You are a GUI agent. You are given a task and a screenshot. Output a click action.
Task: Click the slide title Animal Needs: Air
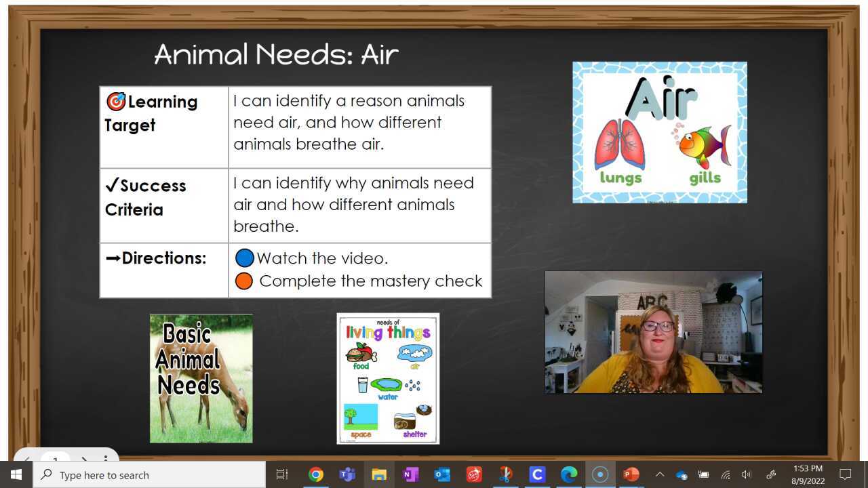[x=276, y=54]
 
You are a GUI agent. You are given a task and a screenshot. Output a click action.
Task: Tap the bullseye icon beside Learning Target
[x=116, y=102]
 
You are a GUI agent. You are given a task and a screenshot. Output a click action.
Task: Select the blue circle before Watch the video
[x=244, y=258]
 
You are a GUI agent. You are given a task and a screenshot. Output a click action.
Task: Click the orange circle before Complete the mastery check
[x=244, y=281]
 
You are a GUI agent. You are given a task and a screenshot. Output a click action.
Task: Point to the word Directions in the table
[x=163, y=258]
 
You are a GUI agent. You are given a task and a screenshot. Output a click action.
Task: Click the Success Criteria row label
[x=145, y=197]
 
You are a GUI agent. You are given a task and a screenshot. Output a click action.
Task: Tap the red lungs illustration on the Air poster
[x=620, y=144]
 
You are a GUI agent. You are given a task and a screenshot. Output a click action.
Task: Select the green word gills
[x=705, y=179]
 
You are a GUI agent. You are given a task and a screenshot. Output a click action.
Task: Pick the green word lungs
[x=620, y=178]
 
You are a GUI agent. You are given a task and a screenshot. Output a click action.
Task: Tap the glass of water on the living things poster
[x=363, y=385]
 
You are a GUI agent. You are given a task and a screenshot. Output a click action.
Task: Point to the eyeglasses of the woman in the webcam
[x=657, y=326]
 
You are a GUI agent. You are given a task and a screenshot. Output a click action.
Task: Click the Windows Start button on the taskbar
[x=16, y=474]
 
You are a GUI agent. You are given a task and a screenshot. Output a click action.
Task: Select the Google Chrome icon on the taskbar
[x=315, y=474]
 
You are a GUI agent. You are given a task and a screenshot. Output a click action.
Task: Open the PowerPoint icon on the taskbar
[x=631, y=474]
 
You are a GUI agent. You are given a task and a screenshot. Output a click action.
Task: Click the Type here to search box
[x=149, y=475]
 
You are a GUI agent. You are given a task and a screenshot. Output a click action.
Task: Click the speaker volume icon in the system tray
[x=747, y=474]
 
